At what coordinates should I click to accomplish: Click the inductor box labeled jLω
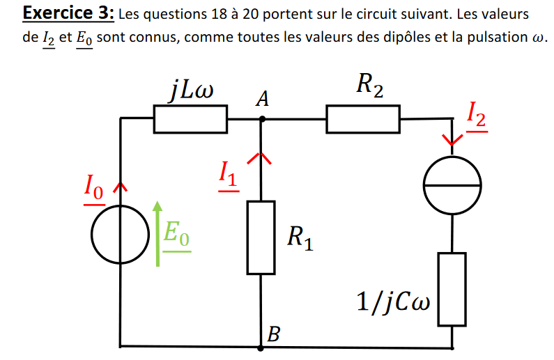click(x=190, y=119)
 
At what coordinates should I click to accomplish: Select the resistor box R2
click(x=363, y=119)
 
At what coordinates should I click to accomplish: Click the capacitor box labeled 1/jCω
click(x=452, y=289)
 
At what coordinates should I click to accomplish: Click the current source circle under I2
click(x=453, y=186)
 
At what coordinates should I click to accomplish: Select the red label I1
click(x=227, y=173)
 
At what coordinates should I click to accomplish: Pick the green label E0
click(x=176, y=233)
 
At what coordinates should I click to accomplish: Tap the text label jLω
click(x=190, y=90)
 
